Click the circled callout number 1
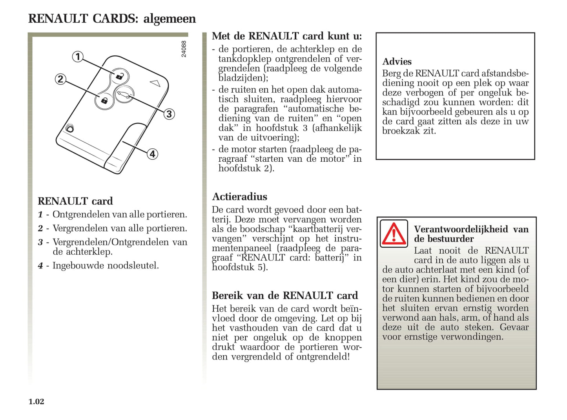pyautogui.click(x=78, y=57)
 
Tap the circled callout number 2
pyautogui.click(x=60, y=79)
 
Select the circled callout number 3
pyautogui.click(x=169, y=114)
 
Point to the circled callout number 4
pyautogui.click(x=152, y=154)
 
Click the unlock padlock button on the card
pyautogui.click(x=119, y=76)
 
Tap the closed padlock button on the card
pyautogui.click(x=104, y=100)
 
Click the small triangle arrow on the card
pyautogui.click(x=155, y=83)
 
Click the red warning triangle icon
pyautogui.click(x=394, y=234)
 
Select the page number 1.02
pyautogui.click(x=36, y=402)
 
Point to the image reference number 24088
pyautogui.click(x=184, y=49)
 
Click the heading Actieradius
pyautogui.click(x=239, y=197)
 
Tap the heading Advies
pyautogui.click(x=397, y=62)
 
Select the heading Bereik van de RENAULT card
pyautogui.click(x=285, y=296)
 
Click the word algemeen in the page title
pyautogui.click(x=170, y=19)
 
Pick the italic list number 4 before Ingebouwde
pyautogui.click(x=40, y=266)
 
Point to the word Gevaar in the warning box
pyautogui.click(x=514, y=327)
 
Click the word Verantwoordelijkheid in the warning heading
pyautogui.click(x=461, y=229)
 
